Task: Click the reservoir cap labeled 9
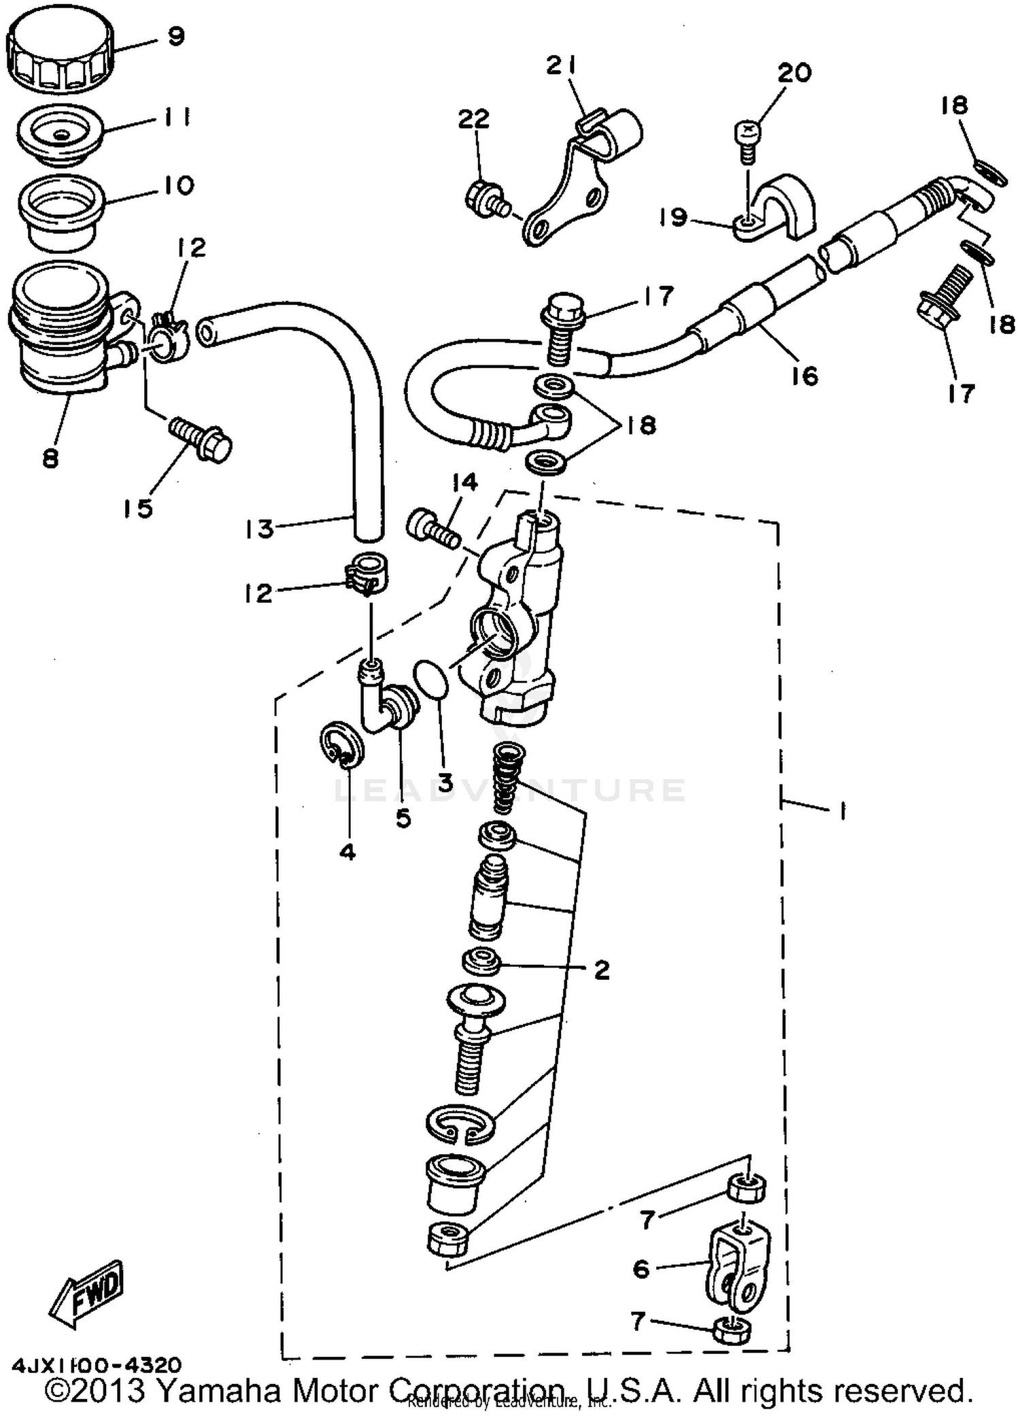click(x=60, y=50)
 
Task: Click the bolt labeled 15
click(x=201, y=438)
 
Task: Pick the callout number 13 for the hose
click(x=258, y=529)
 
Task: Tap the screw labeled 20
click(x=747, y=142)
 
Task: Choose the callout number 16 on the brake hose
click(x=805, y=375)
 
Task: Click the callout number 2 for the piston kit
click(x=601, y=969)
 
